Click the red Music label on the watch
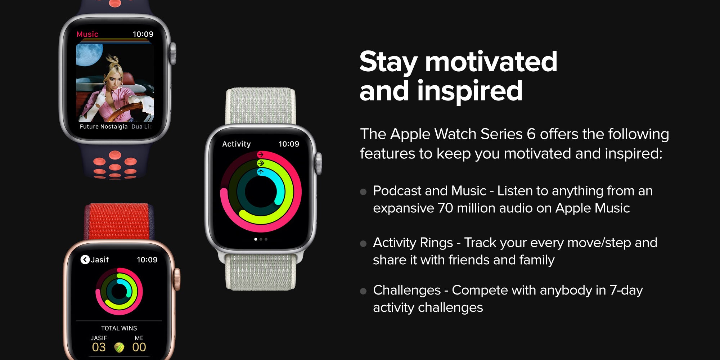[x=87, y=34]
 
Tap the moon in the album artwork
[x=89, y=55]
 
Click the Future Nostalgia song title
[x=104, y=127]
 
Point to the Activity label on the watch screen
[x=236, y=144]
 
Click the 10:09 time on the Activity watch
[x=289, y=144]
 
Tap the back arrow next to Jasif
[x=85, y=260]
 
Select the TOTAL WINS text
[x=119, y=328]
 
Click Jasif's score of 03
[x=99, y=347]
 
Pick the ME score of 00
[x=139, y=347]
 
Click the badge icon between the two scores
[x=119, y=347]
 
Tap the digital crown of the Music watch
[x=173, y=54]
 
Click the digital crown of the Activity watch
[x=319, y=164]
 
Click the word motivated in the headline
[x=491, y=62]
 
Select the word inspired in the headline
[x=470, y=91]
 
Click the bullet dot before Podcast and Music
[x=363, y=192]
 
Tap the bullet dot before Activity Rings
[x=363, y=244]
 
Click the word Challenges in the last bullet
[x=407, y=290]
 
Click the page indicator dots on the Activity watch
[x=261, y=239]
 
